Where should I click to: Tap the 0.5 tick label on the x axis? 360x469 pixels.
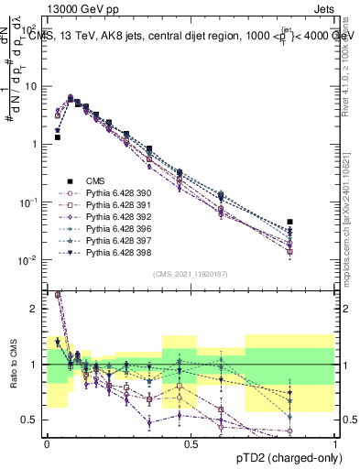[x=191, y=443]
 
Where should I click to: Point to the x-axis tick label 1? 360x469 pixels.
[x=334, y=443]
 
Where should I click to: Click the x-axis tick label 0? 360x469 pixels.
[x=47, y=443]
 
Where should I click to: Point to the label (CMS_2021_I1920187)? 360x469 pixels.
[x=190, y=274]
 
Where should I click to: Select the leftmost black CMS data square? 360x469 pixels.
[x=58, y=136]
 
